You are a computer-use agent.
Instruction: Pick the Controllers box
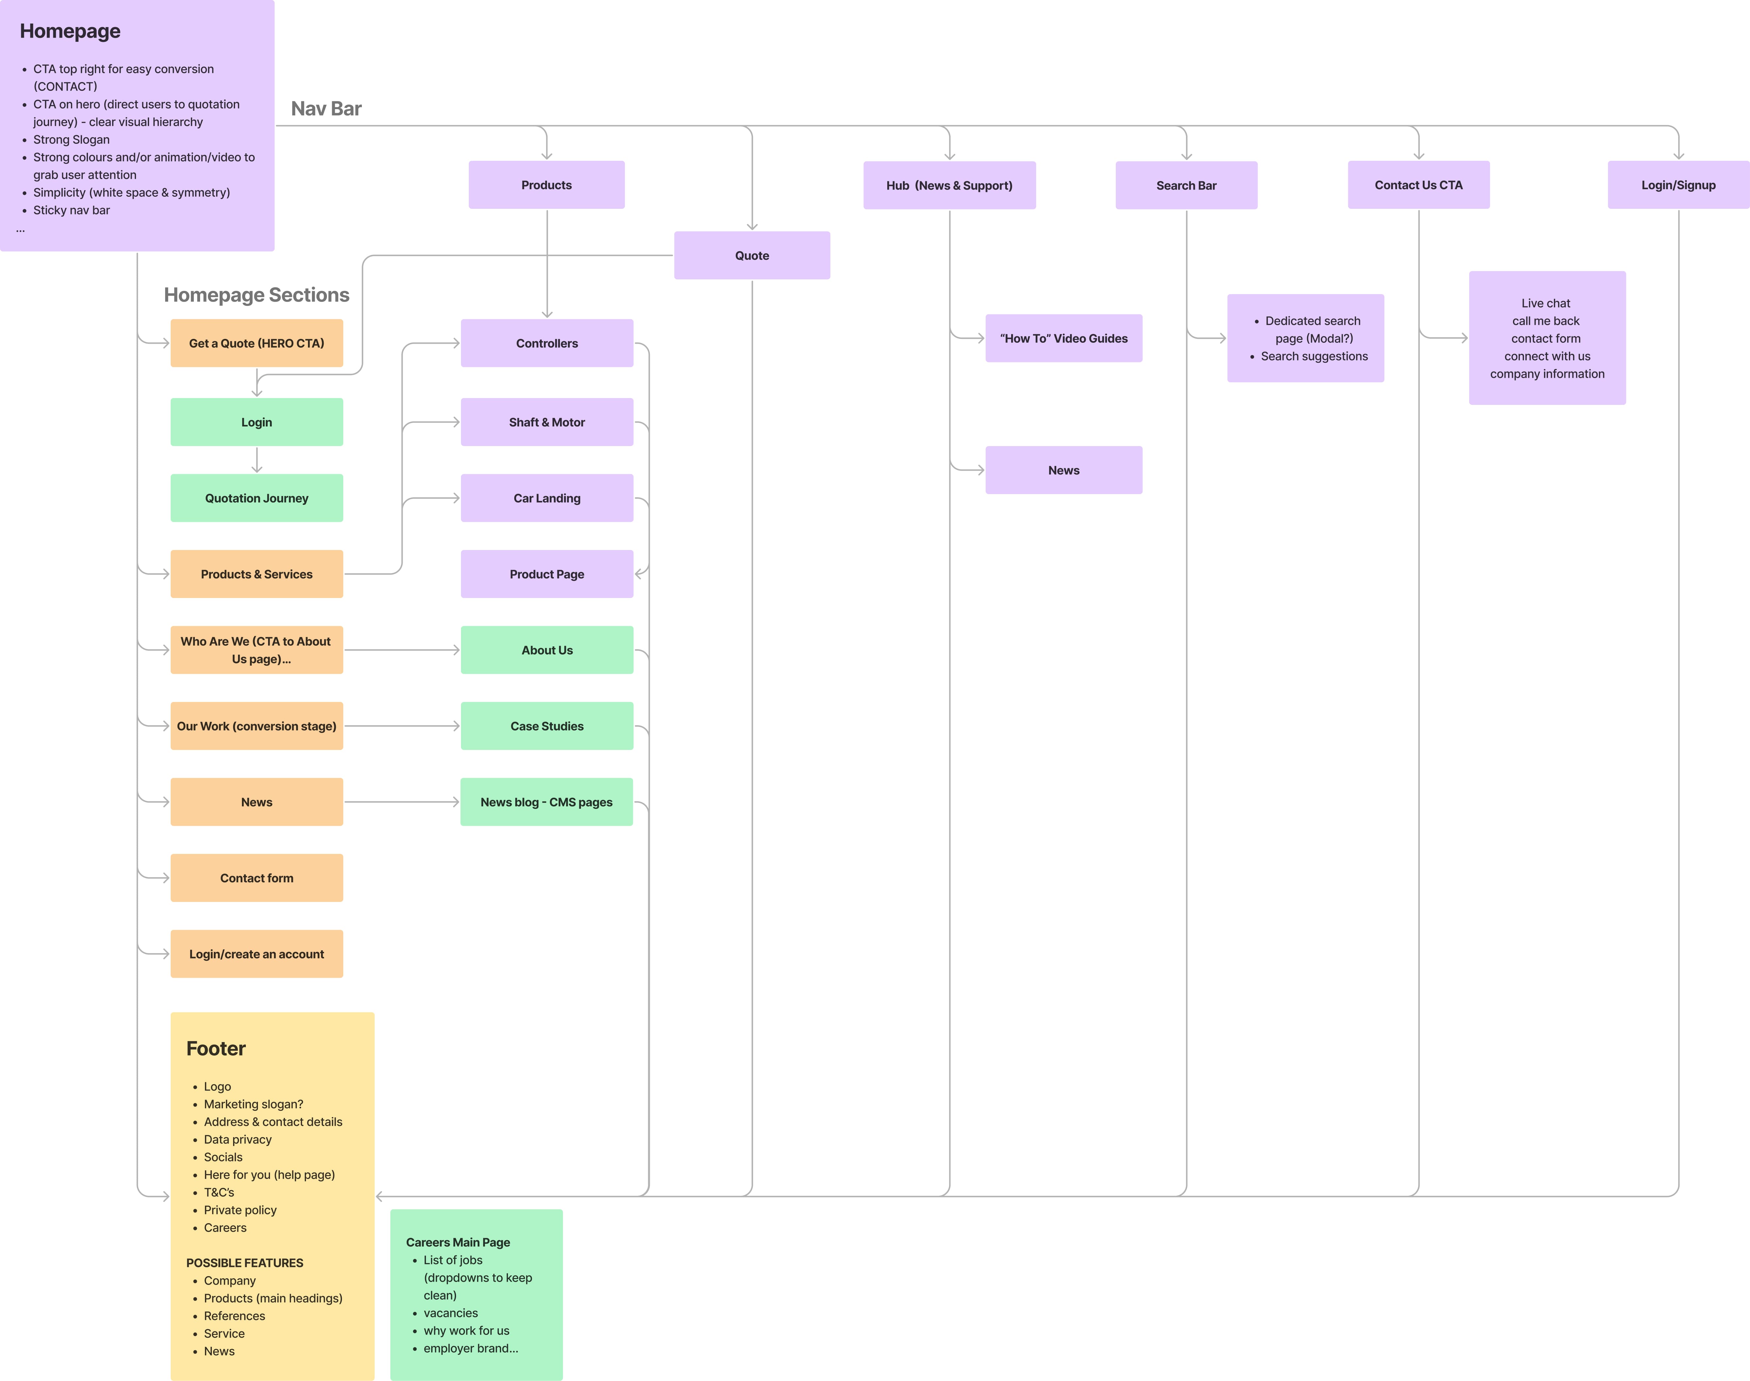[x=547, y=343]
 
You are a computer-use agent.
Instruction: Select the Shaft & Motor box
[x=547, y=422]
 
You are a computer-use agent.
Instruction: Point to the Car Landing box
[x=547, y=498]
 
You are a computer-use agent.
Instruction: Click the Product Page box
[x=547, y=574]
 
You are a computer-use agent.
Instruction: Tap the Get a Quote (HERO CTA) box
[x=256, y=343]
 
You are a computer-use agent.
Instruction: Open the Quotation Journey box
[x=256, y=498]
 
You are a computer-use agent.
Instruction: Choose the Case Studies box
[x=547, y=726]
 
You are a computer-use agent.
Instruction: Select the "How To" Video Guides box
[x=1063, y=338]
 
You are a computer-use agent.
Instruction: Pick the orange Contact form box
[x=256, y=878]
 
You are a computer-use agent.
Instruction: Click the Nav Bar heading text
[x=326, y=108]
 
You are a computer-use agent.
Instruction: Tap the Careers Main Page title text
[x=458, y=1242]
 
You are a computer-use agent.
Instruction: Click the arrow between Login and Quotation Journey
[x=256, y=460]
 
